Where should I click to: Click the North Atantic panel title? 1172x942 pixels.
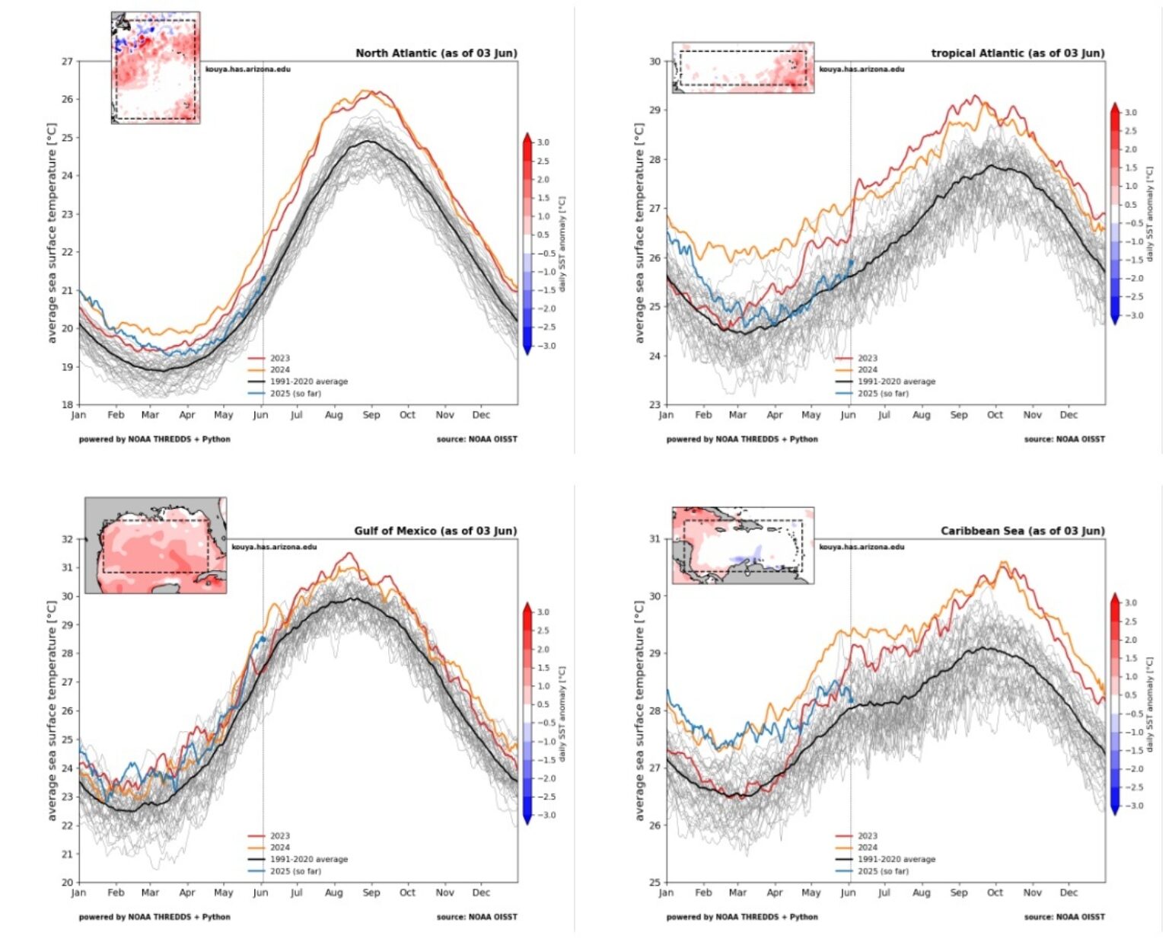point(436,53)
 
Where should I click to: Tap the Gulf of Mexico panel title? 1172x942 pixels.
point(435,531)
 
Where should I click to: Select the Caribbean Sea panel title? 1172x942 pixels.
point(1022,531)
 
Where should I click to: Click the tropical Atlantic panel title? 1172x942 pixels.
point(1018,53)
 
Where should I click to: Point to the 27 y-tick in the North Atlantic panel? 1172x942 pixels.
point(68,62)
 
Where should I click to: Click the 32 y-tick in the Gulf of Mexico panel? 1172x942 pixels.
point(68,539)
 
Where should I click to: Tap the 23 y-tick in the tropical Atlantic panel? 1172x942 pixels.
point(655,404)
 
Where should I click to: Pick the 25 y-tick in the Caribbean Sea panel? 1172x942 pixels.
point(655,883)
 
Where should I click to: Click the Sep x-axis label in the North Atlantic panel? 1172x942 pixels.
point(371,415)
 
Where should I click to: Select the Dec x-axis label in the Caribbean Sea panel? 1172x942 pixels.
point(1068,893)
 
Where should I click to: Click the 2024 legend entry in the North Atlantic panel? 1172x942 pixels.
point(279,370)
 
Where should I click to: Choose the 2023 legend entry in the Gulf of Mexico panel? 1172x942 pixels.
point(279,836)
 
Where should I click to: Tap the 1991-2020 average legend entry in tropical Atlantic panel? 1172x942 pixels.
point(897,382)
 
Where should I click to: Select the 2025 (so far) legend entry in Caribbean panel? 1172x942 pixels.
point(883,871)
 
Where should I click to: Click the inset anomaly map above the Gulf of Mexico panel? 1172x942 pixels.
point(155,545)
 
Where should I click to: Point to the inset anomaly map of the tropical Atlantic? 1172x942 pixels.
point(743,68)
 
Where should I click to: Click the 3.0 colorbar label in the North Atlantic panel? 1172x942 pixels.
point(543,142)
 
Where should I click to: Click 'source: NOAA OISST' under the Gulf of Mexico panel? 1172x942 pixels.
point(476,917)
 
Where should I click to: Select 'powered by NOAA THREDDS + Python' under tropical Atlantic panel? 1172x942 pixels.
point(742,439)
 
